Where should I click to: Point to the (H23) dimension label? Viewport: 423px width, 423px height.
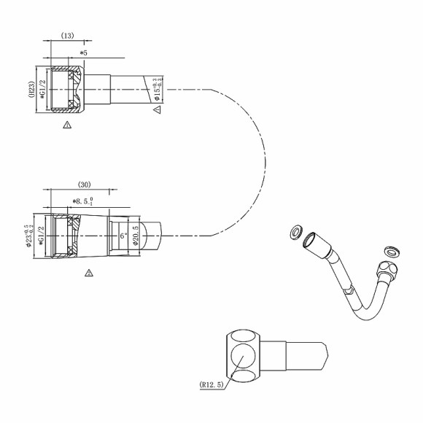pos(34,93)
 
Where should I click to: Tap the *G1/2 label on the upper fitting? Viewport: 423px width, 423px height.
pos(43,93)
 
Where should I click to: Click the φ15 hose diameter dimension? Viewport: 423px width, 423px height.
pos(155,92)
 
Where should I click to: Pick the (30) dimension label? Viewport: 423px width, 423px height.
pos(83,185)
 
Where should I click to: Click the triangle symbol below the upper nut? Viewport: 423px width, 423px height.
pos(67,125)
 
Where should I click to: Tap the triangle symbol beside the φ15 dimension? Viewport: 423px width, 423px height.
pos(156,110)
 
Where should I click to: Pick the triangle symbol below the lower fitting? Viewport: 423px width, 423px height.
pos(88,273)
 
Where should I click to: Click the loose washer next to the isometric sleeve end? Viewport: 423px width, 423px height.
pos(295,232)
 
